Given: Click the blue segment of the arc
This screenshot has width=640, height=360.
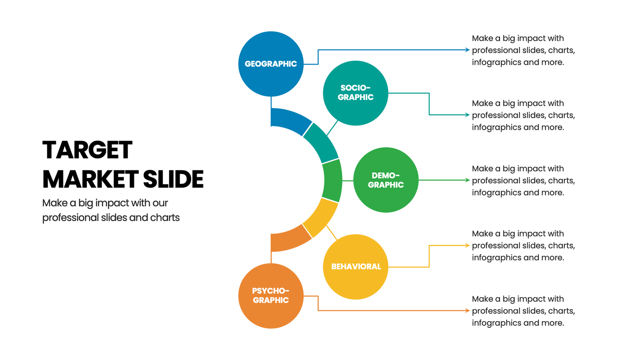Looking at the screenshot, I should [290, 120].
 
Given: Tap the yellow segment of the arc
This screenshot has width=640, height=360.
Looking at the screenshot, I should [321, 217].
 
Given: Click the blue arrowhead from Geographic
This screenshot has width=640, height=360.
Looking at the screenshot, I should [467, 50].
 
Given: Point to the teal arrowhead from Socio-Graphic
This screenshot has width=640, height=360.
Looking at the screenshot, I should [467, 115].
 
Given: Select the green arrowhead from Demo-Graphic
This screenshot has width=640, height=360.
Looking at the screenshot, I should [467, 180].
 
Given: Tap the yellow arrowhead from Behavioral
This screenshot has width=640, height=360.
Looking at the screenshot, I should [467, 245].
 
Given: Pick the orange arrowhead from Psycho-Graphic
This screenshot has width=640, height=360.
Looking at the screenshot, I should [467, 310].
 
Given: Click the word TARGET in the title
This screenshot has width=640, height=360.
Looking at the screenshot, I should [87, 150].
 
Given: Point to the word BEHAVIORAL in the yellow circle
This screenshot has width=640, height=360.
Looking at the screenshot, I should [356, 267].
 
